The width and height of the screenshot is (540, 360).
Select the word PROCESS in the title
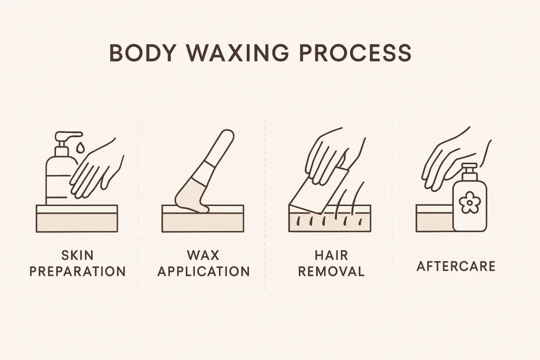(355, 53)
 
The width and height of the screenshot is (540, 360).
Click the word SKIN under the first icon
(78, 255)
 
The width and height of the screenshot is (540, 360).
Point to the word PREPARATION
(78, 271)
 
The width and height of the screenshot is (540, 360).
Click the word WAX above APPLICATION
(203, 255)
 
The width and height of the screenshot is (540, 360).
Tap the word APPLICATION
(204, 271)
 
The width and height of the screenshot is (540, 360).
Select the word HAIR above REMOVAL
(331, 255)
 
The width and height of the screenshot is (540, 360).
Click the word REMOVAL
(331, 271)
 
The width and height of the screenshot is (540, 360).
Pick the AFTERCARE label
(456, 266)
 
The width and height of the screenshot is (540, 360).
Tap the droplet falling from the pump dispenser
(80, 147)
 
